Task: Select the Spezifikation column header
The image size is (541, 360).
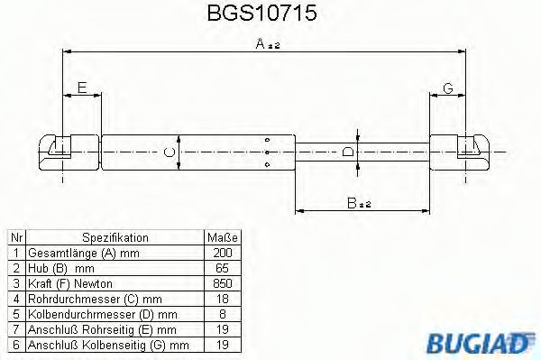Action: click(x=115, y=237)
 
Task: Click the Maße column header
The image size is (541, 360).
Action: click(x=223, y=237)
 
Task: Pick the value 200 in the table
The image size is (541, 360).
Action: click(x=223, y=253)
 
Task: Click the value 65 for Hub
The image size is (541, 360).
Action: click(x=223, y=268)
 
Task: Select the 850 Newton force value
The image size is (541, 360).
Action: click(x=223, y=283)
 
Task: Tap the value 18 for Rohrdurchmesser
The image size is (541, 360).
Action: click(x=223, y=299)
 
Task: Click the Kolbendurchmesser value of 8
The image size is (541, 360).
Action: click(x=223, y=314)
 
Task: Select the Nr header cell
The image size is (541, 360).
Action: click(x=14, y=237)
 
